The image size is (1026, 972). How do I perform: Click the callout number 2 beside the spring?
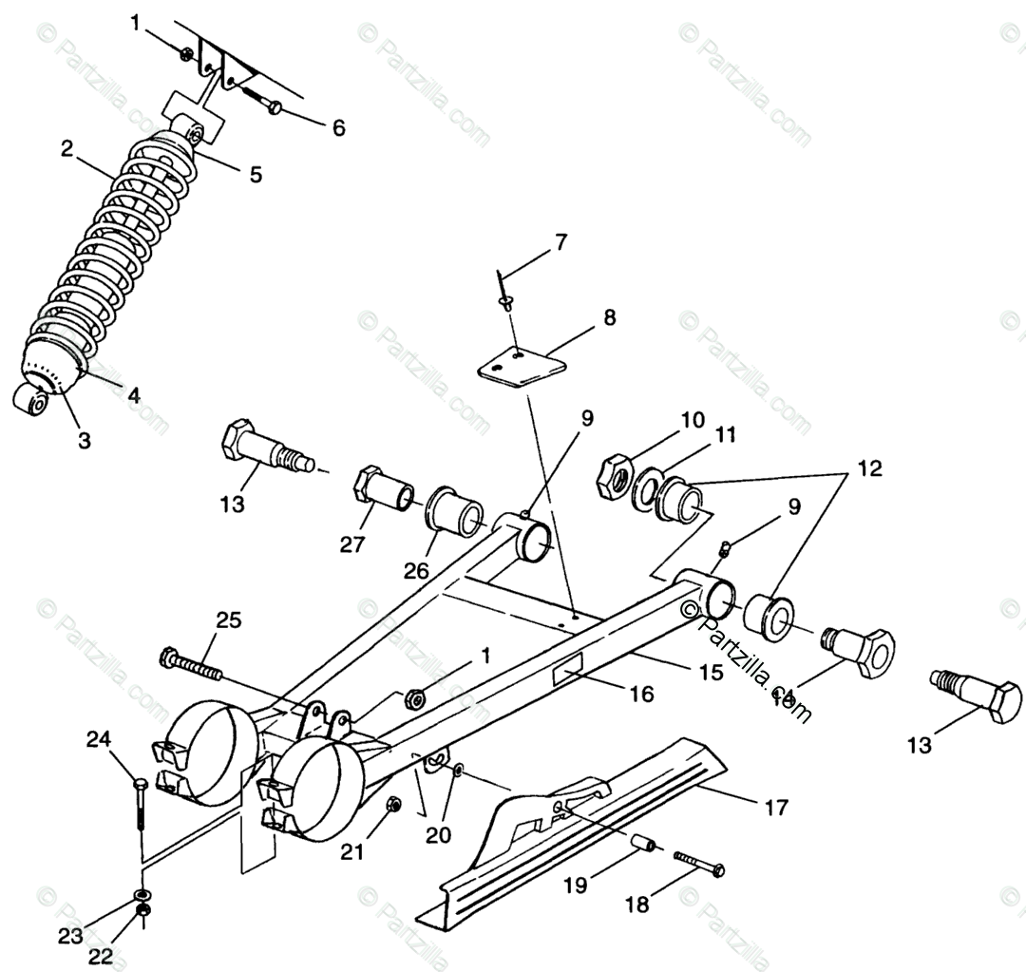pyautogui.click(x=66, y=148)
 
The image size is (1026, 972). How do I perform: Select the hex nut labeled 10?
pyautogui.click(x=614, y=476)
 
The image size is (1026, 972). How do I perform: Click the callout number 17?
pyautogui.click(x=776, y=808)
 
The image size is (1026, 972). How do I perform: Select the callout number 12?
pyautogui.click(x=868, y=468)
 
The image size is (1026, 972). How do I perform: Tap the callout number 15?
pyautogui.click(x=711, y=672)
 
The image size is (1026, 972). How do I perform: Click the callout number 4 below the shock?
pyautogui.click(x=134, y=394)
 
